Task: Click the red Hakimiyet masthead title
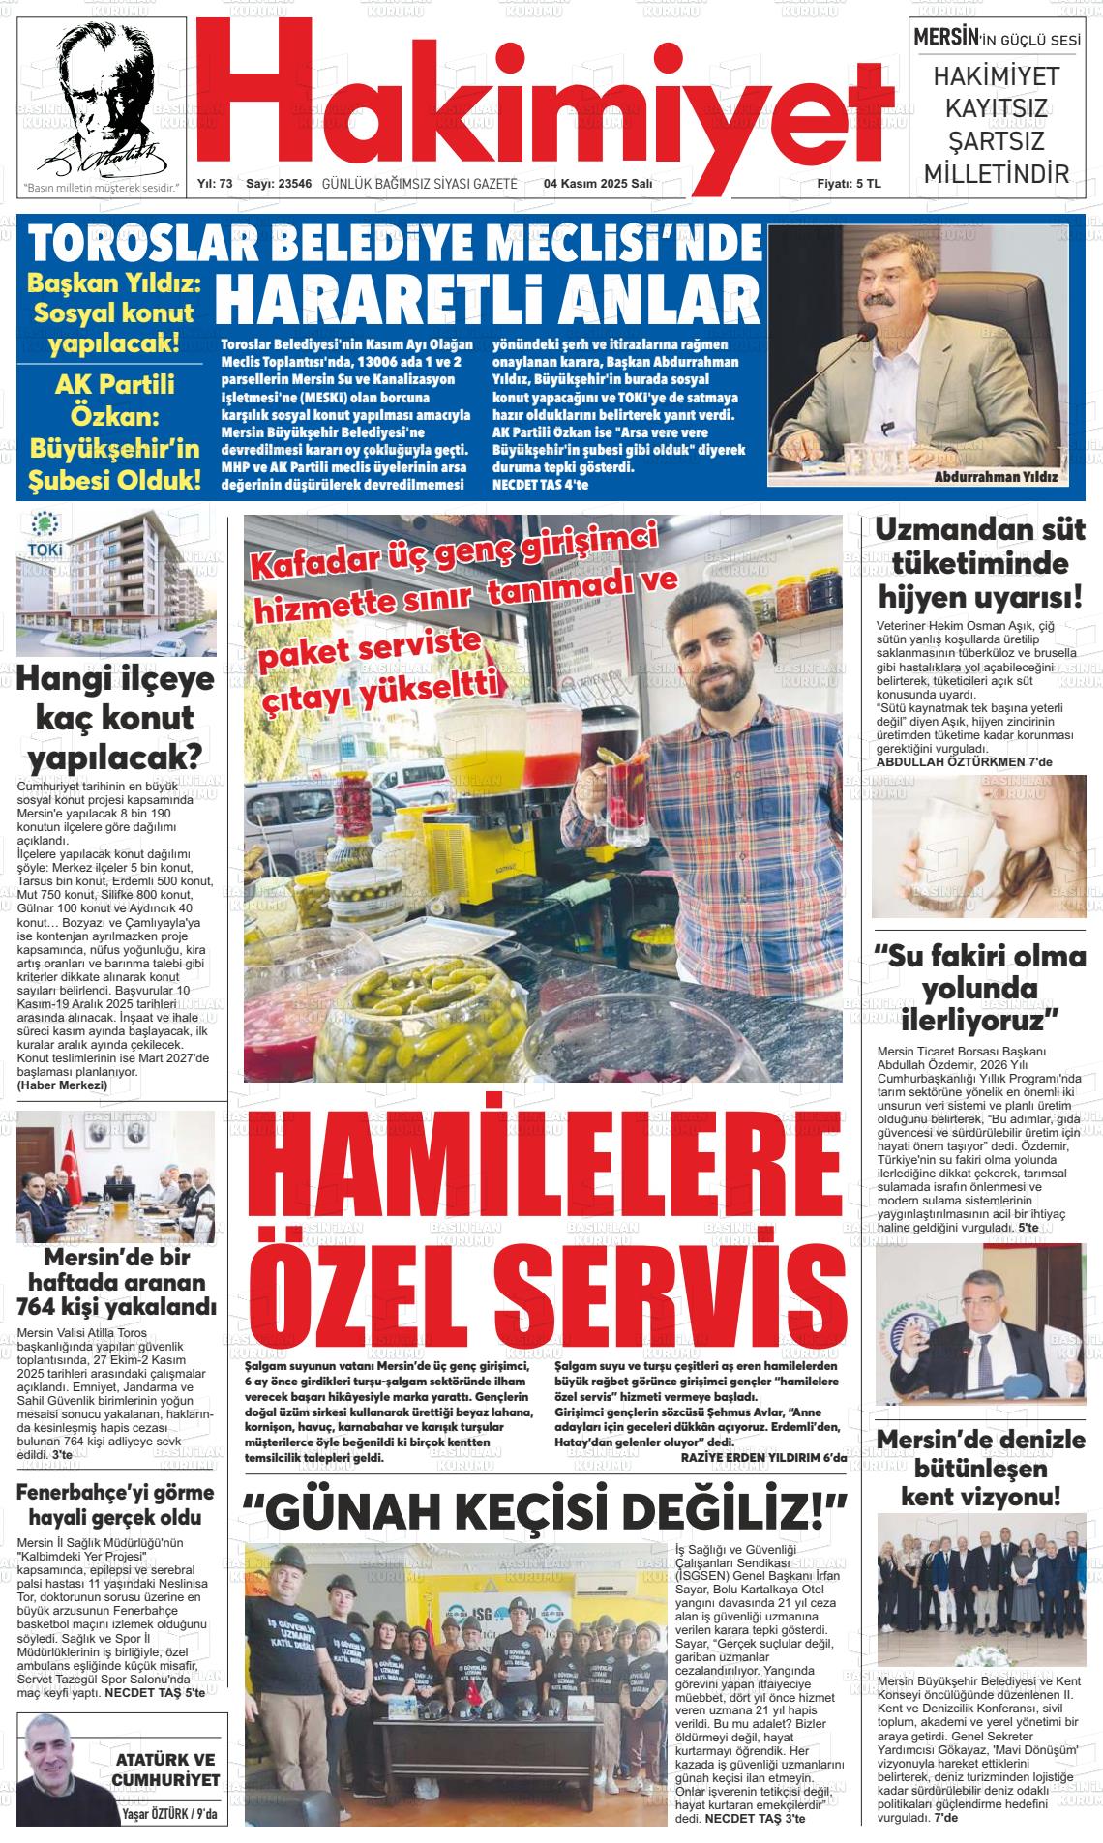(542, 92)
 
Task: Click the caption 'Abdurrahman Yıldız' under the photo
(996, 478)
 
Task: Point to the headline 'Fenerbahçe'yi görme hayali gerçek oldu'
(109, 1503)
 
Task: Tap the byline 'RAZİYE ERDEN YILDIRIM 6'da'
(763, 1457)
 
